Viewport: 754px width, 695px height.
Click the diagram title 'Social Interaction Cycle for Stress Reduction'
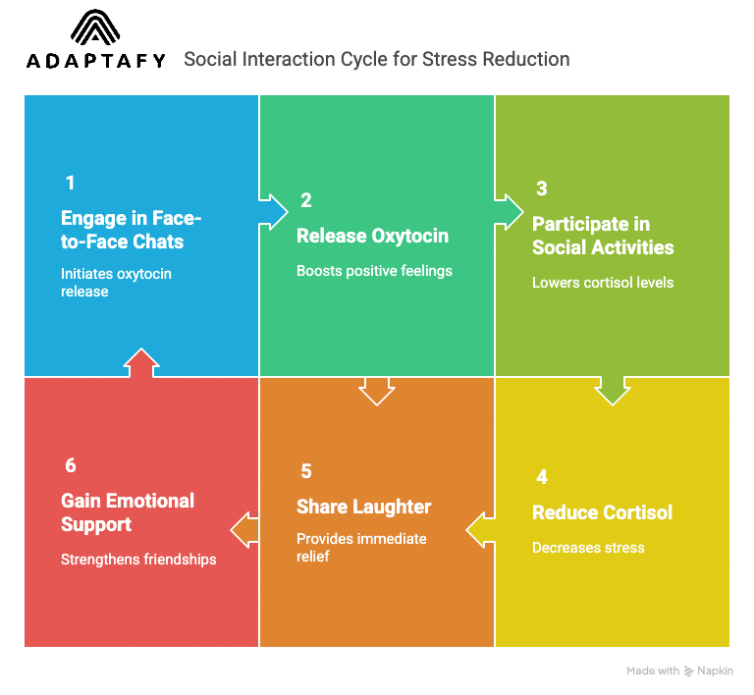376,59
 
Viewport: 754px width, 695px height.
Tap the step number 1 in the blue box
70,183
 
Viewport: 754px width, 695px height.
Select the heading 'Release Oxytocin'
372,236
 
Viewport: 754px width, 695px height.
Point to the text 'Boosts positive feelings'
374,270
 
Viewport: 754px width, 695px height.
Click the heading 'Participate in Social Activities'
603,236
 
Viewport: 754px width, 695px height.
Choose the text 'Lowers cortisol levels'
603,283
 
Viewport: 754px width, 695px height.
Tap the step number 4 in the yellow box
541,478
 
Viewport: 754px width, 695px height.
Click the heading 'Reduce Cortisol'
602,512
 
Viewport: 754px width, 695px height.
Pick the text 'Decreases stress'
588,547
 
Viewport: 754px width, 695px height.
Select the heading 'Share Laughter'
363,507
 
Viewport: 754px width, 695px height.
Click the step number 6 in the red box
70,466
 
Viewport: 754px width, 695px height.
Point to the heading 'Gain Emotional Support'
128,512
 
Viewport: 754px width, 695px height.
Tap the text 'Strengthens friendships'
138,560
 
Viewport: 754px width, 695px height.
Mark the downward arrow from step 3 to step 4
613,390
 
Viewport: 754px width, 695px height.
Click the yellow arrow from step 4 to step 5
480,530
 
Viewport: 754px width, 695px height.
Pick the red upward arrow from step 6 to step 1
141,362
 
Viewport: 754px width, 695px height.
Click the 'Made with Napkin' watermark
679,671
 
